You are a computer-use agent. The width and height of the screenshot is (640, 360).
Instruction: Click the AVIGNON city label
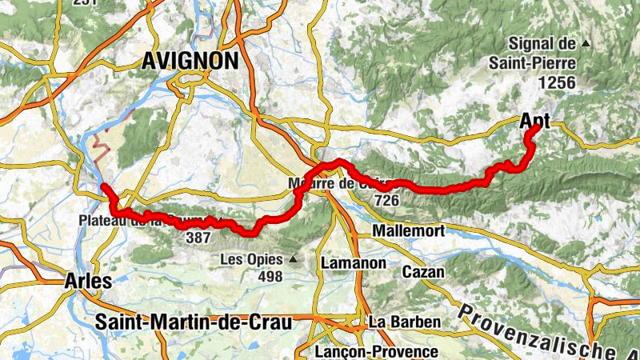point(190,61)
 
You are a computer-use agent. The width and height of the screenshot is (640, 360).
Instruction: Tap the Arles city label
point(90,281)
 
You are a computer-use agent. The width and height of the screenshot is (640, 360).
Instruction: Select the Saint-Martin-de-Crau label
point(193,322)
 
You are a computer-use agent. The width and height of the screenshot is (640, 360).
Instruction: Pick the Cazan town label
point(424,272)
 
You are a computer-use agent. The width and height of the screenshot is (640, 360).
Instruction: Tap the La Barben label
point(405,322)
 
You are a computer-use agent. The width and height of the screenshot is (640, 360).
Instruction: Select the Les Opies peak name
point(254,260)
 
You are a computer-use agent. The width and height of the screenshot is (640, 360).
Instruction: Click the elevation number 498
point(270,277)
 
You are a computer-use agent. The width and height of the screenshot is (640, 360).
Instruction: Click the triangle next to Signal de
point(586,42)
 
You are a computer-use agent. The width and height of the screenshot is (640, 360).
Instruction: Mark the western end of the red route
point(104,186)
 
